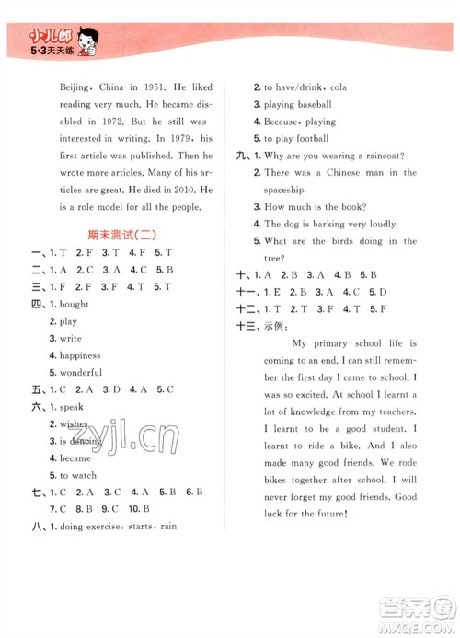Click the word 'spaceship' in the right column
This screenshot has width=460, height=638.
coord(289,190)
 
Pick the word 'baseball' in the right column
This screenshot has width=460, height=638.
coord(311,104)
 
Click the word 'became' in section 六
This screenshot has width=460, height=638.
coord(75,458)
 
